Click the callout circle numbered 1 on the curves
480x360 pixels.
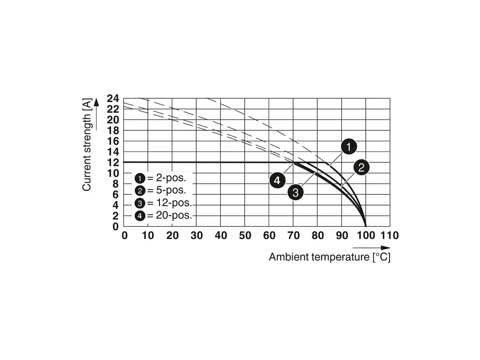pyautogui.click(x=348, y=147)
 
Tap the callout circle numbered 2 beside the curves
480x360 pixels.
pyautogui.click(x=361, y=168)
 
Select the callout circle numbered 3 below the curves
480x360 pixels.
pyautogui.click(x=296, y=192)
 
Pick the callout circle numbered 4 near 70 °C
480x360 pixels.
pyautogui.click(x=278, y=179)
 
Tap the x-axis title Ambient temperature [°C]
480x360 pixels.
pyautogui.click(x=329, y=257)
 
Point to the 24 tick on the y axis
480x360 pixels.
pyautogui.click(x=113, y=99)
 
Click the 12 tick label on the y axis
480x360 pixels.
pyautogui.click(x=113, y=163)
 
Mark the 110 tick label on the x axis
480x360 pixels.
pyautogui.click(x=389, y=235)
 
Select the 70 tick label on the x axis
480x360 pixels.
pyautogui.click(x=293, y=235)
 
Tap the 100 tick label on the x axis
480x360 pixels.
pyautogui.click(x=365, y=235)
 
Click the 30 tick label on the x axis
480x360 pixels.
pyautogui.click(x=196, y=235)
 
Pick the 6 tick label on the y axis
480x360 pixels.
pyautogui.click(x=116, y=195)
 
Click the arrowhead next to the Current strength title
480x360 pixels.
pyautogui.click(x=96, y=103)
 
